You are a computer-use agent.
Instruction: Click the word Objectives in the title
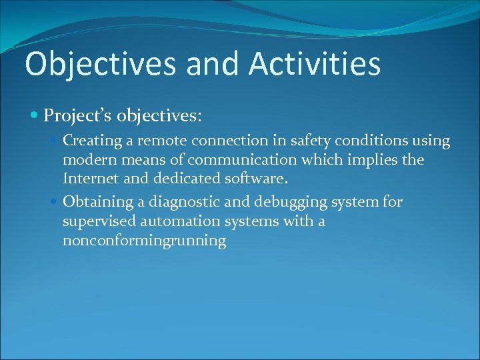101,64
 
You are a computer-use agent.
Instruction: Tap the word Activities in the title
315,64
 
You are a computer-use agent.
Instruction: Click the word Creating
92,141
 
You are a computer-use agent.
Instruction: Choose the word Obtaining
97,201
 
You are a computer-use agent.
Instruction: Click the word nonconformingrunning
144,241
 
